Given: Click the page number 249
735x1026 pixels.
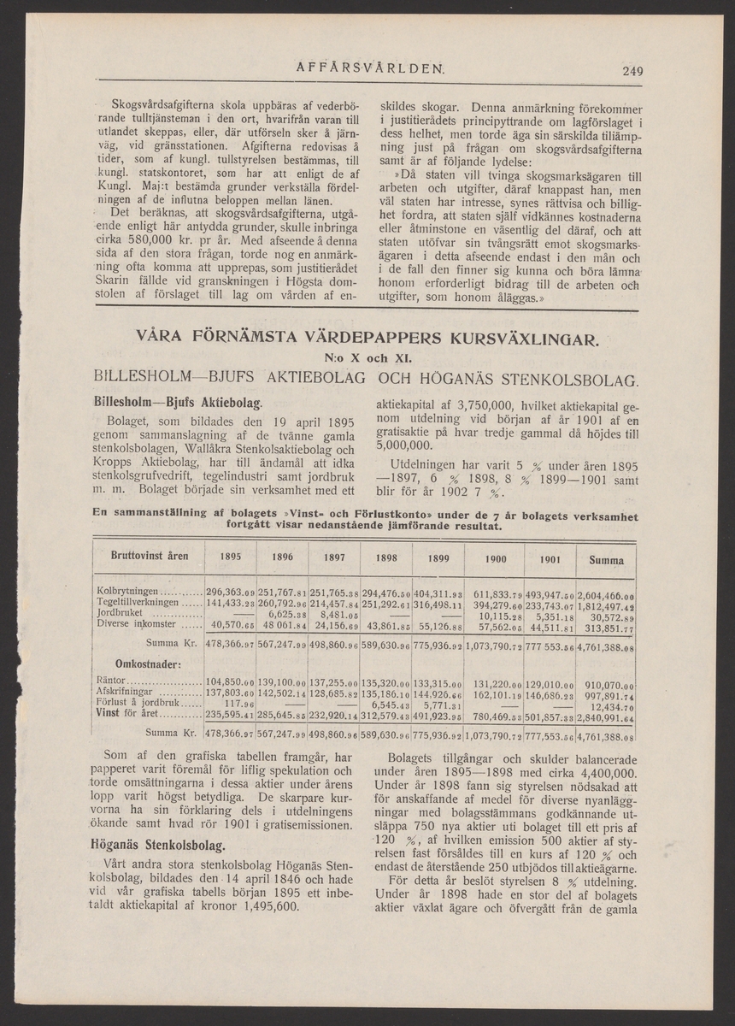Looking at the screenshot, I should point(632,72).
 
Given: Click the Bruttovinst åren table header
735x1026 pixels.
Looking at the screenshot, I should point(150,556).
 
